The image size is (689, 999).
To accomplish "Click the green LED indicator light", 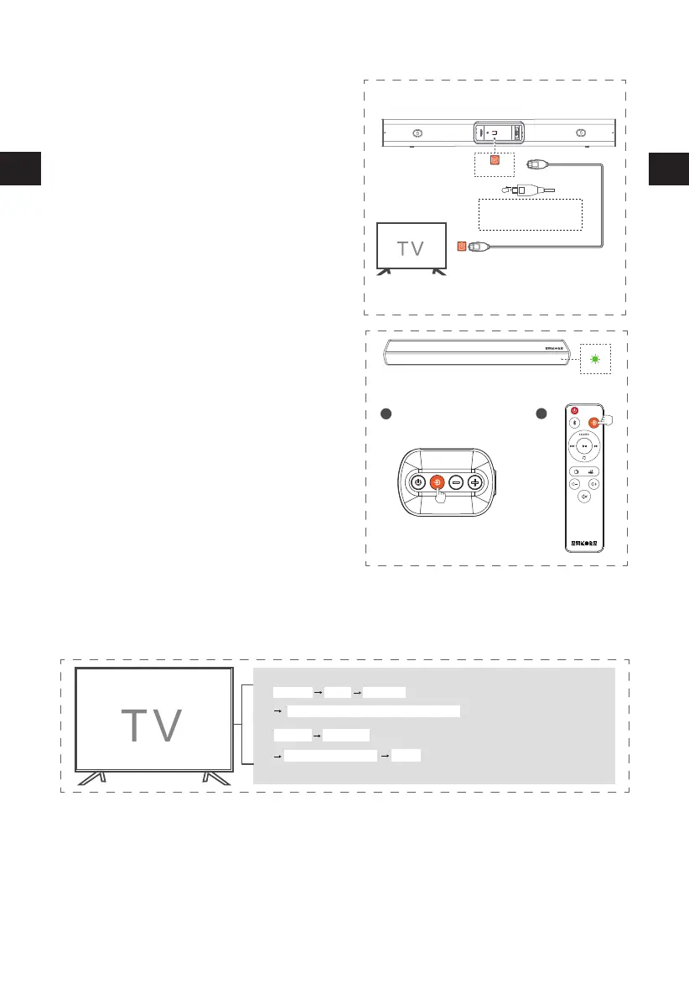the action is [x=595, y=359].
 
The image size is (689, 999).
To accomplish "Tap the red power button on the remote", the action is [x=574, y=409].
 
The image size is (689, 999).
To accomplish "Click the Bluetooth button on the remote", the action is [x=574, y=424].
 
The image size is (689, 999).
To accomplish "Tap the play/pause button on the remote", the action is [x=583, y=447].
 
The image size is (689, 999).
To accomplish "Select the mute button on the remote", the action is [x=583, y=496].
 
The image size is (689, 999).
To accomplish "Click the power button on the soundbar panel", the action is [x=417, y=482].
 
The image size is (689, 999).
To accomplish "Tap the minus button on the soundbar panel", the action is [x=455, y=482].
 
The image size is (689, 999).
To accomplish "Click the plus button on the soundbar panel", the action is [x=474, y=482].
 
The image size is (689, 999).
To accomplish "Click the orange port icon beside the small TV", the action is [x=462, y=247].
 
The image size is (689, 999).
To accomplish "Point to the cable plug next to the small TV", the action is [x=479, y=247].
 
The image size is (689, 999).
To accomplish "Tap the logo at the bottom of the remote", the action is [x=583, y=541].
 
